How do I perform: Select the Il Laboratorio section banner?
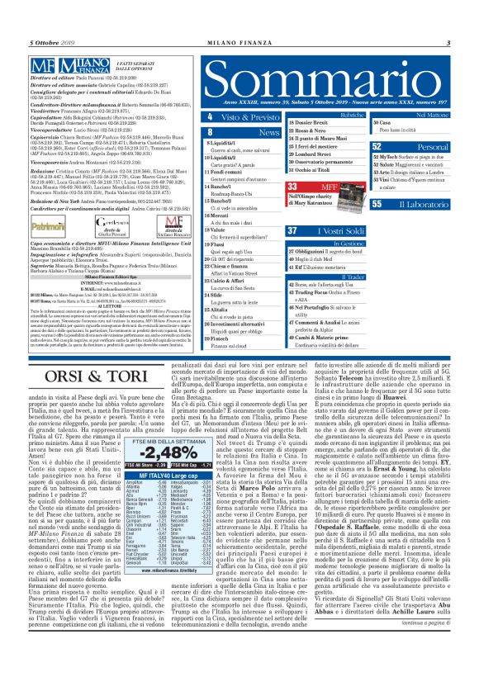(x=422, y=203)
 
